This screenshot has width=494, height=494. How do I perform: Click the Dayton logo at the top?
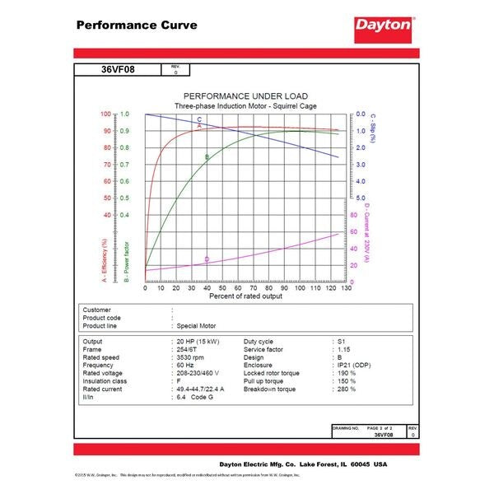(x=384, y=26)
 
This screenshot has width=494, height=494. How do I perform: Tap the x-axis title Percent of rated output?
(x=245, y=296)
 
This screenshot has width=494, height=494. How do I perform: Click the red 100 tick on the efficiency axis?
(x=105, y=114)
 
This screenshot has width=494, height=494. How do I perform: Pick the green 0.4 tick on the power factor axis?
(x=124, y=215)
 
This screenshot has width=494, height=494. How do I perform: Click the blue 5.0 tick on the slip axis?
(x=361, y=198)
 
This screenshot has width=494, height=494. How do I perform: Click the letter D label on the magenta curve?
(x=207, y=259)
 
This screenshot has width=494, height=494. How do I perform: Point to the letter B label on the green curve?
(x=207, y=156)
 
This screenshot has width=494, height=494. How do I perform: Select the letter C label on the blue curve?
(x=199, y=119)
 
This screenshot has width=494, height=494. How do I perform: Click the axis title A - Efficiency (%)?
(x=105, y=260)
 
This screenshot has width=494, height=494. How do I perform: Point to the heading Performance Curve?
(x=137, y=26)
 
